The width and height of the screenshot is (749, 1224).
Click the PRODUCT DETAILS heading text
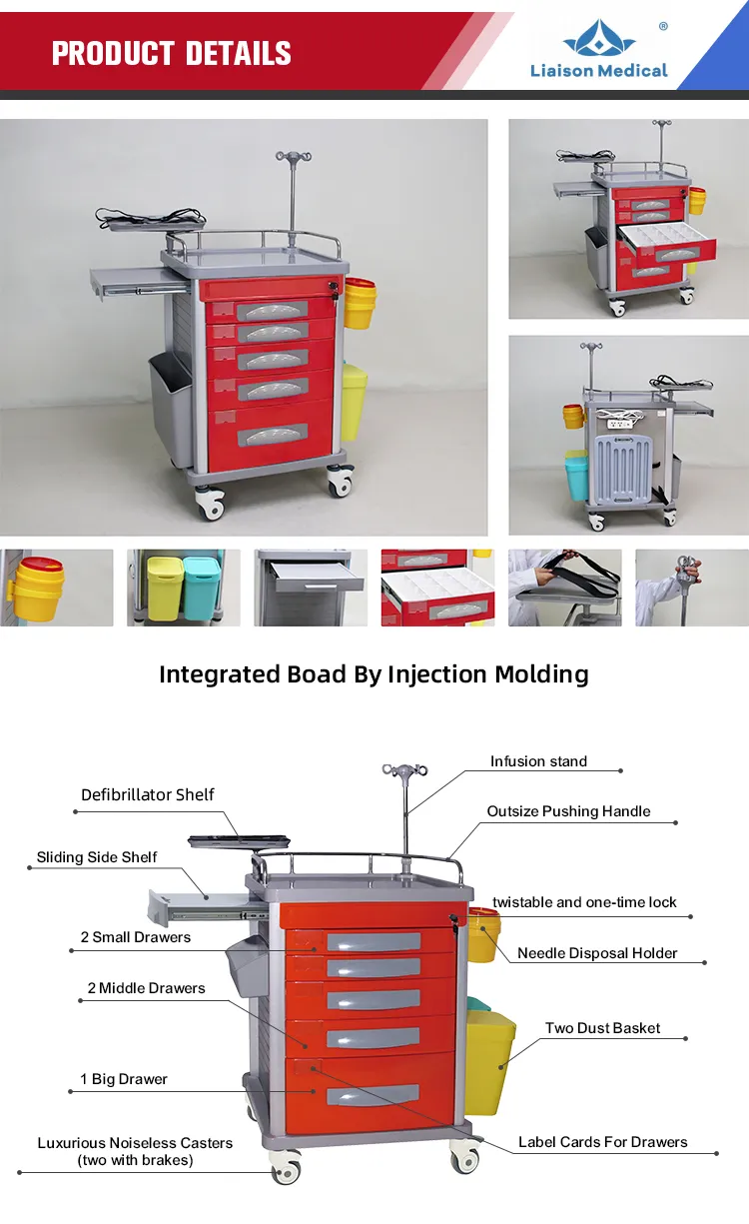[x=172, y=53]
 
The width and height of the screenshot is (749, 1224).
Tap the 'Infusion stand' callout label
[x=538, y=761]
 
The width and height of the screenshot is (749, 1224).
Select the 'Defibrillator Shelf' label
[x=148, y=794]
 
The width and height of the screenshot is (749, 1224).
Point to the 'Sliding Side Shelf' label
[x=97, y=857]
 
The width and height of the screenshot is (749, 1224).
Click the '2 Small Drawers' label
[x=136, y=937]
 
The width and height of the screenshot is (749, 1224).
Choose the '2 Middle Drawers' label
[x=146, y=988]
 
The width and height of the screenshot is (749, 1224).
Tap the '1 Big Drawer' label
[x=124, y=1079]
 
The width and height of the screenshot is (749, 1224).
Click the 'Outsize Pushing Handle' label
[x=568, y=811]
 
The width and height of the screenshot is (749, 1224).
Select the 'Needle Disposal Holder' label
[x=597, y=953]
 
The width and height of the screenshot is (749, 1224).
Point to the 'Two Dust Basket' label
[x=603, y=1028]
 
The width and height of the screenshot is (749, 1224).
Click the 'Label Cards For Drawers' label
[x=603, y=1142]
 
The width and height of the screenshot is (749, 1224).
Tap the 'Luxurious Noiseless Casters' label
[x=135, y=1143]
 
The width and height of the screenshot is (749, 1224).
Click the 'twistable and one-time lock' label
[x=584, y=902]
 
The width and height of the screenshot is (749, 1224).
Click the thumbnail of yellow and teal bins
[x=184, y=588]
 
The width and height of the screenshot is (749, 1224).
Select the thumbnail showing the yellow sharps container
[x=57, y=588]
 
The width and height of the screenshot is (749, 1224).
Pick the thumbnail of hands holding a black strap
[x=565, y=588]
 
